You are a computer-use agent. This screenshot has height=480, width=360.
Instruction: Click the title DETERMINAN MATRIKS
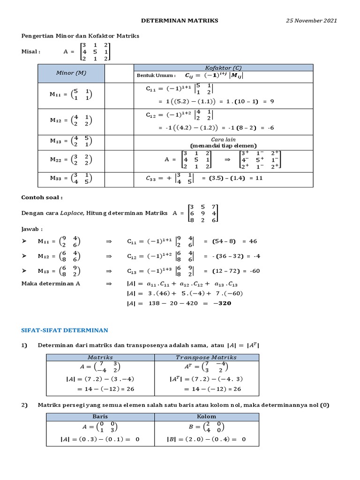click(180, 21)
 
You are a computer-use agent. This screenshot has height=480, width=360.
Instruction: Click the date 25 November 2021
click(311, 21)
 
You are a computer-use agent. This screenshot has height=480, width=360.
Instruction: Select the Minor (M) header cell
click(71, 73)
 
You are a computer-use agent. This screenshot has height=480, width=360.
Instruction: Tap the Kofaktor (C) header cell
click(223, 67)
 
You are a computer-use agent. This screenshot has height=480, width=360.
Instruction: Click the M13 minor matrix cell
click(71, 141)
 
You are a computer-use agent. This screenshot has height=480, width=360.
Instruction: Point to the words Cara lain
click(223, 139)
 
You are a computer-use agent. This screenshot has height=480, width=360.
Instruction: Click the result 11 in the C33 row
click(259, 178)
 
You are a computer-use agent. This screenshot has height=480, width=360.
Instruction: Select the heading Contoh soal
click(42, 198)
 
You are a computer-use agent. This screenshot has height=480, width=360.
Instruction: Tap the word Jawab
click(32, 229)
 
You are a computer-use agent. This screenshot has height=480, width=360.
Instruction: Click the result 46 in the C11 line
click(253, 241)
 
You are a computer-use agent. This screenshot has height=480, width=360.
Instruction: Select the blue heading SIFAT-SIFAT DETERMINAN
click(65, 330)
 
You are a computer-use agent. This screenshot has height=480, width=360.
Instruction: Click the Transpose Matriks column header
click(206, 357)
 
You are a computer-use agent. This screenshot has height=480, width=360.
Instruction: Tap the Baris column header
click(100, 416)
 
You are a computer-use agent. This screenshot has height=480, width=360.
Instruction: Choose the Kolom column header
click(206, 416)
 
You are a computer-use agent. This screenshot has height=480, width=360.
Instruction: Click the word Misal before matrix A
click(31, 52)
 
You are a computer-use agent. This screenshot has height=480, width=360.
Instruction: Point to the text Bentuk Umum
click(156, 75)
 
